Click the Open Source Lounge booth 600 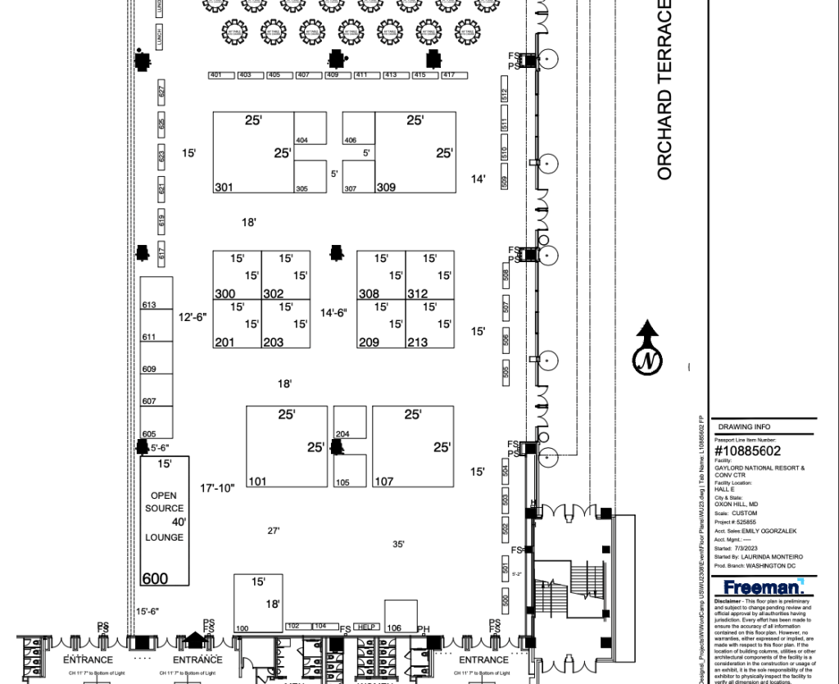click(165, 521)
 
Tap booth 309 click(415, 152)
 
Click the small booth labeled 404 click(310, 136)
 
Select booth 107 click(413, 446)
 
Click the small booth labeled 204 click(349, 423)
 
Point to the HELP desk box click(366, 627)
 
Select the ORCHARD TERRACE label click(664, 90)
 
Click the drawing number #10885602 click(748, 451)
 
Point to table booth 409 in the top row click(332, 75)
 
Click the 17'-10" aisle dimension click(217, 488)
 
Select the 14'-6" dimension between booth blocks click(333, 312)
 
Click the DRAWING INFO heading click(743, 427)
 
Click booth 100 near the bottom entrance click(258, 603)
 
